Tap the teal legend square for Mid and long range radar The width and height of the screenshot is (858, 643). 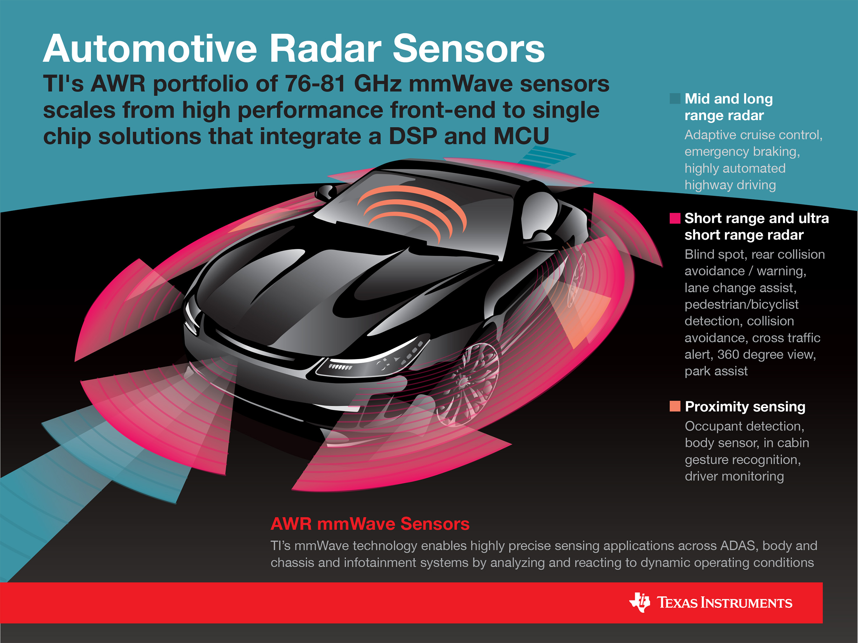[x=675, y=98]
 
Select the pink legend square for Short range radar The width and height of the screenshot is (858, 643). [x=675, y=218]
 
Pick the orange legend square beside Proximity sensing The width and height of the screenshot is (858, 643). [x=675, y=406]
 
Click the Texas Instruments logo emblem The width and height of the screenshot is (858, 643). [x=640, y=602]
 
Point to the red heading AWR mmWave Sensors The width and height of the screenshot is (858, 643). [x=370, y=524]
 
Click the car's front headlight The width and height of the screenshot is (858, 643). [x=372, y=358]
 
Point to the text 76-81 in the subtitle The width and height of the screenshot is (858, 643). [x=315, y=84]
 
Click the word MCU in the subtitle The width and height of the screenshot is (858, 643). [x=521, y=137]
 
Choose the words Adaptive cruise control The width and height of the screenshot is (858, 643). [x=753, y=135]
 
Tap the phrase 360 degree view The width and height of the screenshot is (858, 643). [x=766, y=354]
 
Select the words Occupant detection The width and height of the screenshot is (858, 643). [x=744, y=426]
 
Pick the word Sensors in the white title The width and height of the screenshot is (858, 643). [x=469, y=49]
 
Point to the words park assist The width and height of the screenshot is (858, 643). [x=716, y=371]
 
